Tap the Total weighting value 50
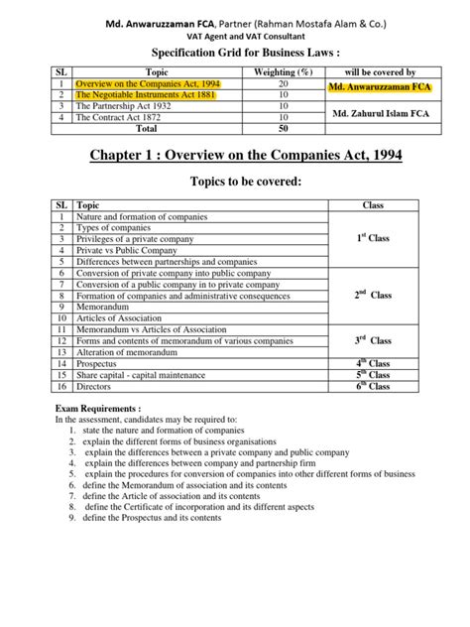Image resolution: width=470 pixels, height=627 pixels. pyautogui.click(x=283, y=128)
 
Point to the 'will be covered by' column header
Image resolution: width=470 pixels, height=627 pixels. pyautogui.click(x=378, y=72)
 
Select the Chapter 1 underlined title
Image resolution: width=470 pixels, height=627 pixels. pyautogui.click(x=234, y=157)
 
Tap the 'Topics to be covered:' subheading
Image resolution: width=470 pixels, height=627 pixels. pyautogui.click(x=234, y=184)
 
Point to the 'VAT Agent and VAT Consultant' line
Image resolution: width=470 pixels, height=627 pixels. pyautogui.click(x=234, y=29)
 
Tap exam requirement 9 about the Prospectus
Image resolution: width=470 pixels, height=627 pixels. pyautogui.click(x=154, y=518)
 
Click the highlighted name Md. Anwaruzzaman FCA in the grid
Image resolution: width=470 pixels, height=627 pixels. pyautogui.click(x=378, y=89)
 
